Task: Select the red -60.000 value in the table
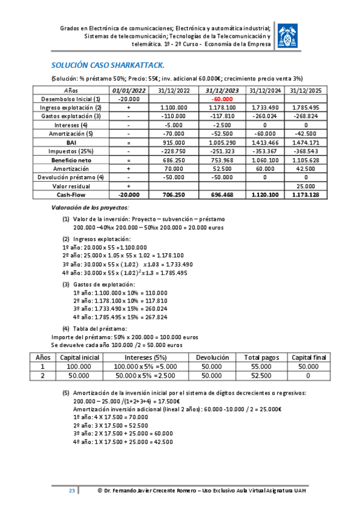(x=222, y=98)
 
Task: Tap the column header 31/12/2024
(x=264, y=90)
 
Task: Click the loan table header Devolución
(x=211, y=357)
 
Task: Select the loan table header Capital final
(x=309, y=357)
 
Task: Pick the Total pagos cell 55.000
(x=257, y=366)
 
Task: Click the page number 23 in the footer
(x=72, y=491)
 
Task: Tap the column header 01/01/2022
(x=129, y=90)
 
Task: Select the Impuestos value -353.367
(x=264, y=150)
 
